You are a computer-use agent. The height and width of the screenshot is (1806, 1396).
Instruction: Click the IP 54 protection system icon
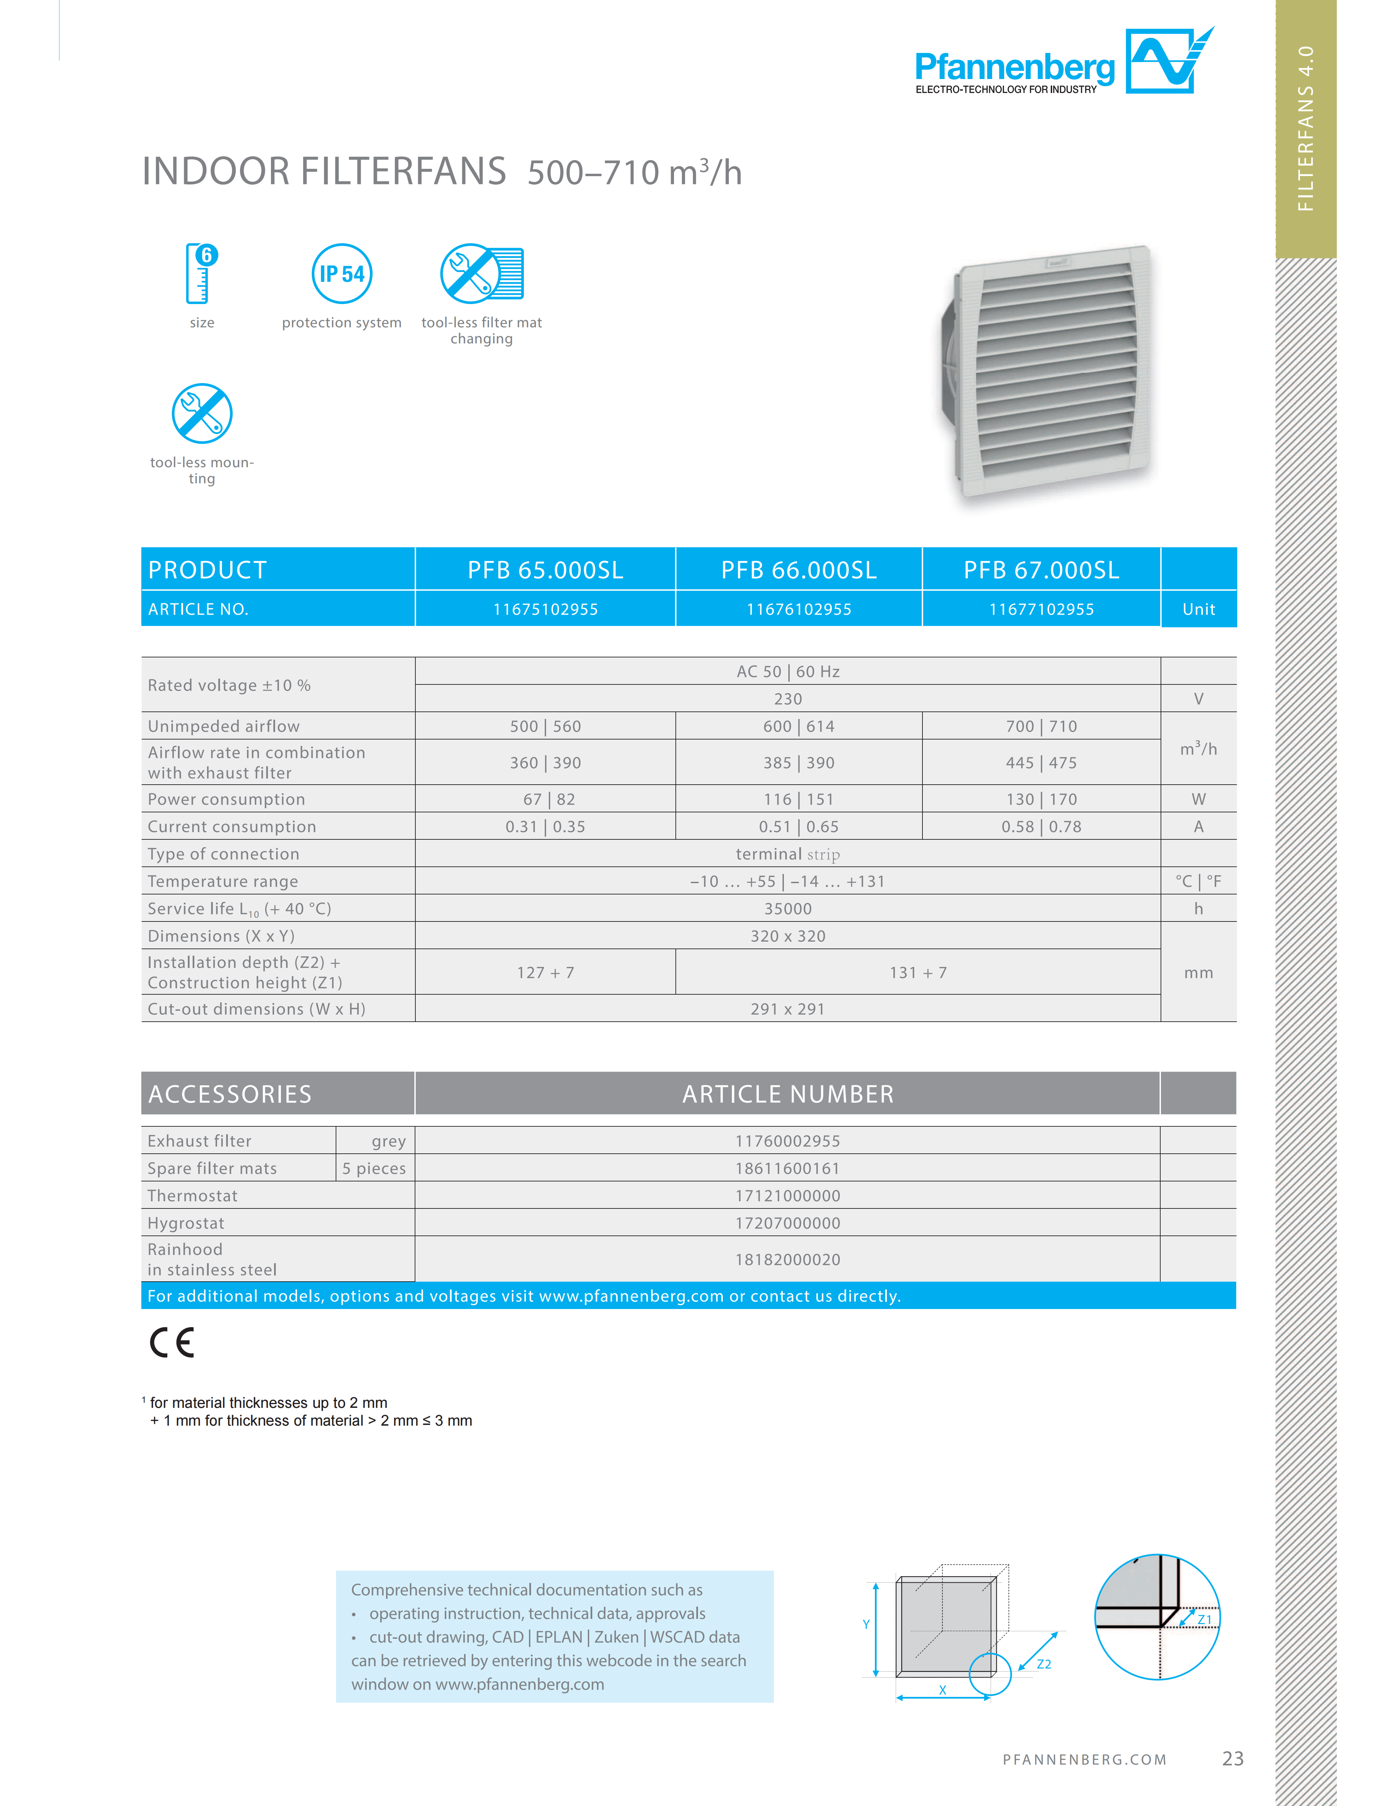point(341,274)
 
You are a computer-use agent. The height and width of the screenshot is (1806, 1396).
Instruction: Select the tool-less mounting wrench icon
point(202,414)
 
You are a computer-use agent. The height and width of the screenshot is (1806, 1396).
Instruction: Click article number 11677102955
point(1041,610)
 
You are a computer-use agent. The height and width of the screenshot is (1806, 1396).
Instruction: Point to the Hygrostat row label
point(186,1223)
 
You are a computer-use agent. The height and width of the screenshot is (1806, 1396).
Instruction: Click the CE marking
point(172,1342)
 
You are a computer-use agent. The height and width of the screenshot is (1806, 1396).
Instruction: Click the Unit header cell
point(1198,610)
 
